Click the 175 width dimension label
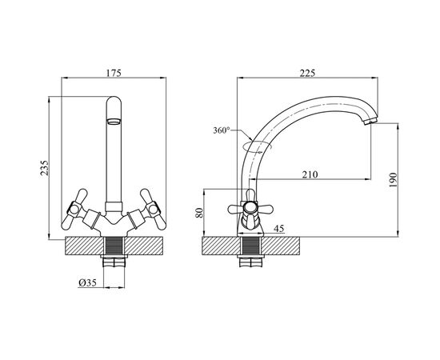coord(114,73)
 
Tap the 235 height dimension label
coord(44,168)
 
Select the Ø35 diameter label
coord(87,283)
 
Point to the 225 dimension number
coord(307,73)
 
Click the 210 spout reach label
coord(310,174)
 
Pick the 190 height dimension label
coord(394,180)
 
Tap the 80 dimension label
coord(199,213)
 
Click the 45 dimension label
coord(278,229)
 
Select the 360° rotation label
coord(222,130)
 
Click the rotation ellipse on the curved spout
coord(257,147)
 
